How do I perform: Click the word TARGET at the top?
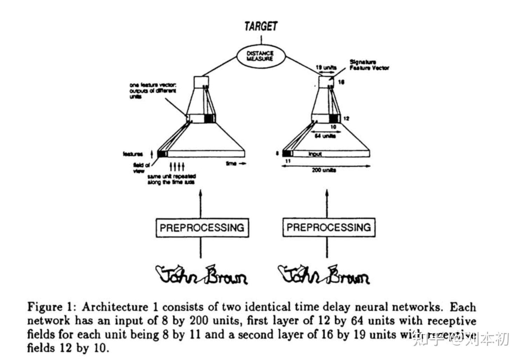pyautogui.click(x=261, y=26)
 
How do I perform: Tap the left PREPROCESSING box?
pyautogui.click(x=202, y=228)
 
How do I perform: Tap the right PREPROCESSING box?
pyautogui.click(x=329, y=227)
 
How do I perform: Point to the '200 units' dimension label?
pyautogui.click(x=324, y=170)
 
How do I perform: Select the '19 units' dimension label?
pyautogui.click(x=326, y=68)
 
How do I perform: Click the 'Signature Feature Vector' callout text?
pyautogui.click(x=369, y=65)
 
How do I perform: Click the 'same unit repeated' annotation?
pyautogui.click(x=171, y=179)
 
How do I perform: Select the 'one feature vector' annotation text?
pyautogui.click(x=153, y=90)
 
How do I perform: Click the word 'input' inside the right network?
pyautogui.click(x=315, y=154)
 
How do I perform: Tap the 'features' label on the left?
pyautogui.click(x=133, y=154)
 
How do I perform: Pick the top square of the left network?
pyautogui.click(x=201, y=82)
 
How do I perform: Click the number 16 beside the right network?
pyautogui.click(x=341, y=82)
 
